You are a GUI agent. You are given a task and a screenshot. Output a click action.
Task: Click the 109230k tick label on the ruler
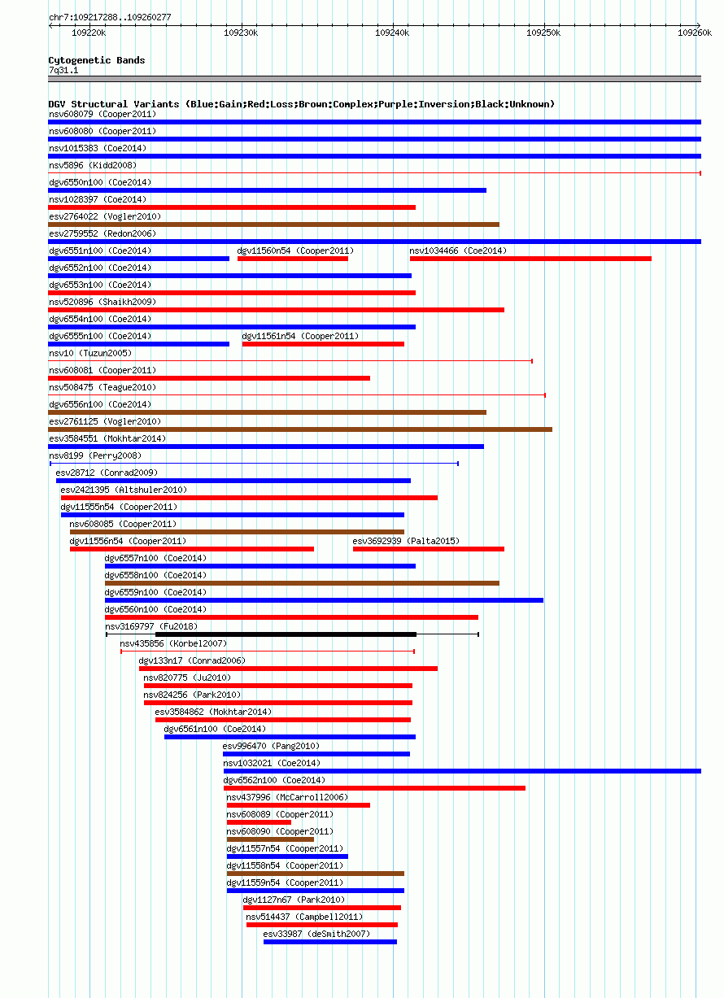pos(241,33)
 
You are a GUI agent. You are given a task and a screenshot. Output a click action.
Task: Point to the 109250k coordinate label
pos(543,33)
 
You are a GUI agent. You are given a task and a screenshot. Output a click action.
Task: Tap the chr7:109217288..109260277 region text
pos(110,17)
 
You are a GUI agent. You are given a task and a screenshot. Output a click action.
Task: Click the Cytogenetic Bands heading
pos(97,60)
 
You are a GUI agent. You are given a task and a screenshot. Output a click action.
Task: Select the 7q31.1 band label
pos(63,71)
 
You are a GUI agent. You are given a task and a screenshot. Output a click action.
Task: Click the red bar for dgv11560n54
pos(293,259)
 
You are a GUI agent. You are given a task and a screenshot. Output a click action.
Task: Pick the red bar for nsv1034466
pos(530,259)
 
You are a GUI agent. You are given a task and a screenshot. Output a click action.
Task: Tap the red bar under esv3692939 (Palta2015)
pos(429,549)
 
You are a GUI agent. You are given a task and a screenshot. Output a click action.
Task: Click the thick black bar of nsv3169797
pos(286,634)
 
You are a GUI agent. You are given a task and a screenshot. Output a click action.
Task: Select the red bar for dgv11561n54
pos(323,344)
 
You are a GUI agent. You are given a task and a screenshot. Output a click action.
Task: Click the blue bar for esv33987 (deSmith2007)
pos(330,942)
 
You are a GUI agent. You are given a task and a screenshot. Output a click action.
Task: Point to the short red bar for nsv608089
pos(259,822)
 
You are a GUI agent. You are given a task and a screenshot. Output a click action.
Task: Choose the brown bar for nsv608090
pos(270,839)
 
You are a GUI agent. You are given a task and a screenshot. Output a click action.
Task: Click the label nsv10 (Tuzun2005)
pos(90,353)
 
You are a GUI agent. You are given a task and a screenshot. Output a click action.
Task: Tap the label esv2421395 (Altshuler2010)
pos(124,490)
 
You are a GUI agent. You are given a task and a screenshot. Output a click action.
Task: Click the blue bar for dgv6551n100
pos(138,259)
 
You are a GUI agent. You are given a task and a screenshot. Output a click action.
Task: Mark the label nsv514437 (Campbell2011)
pos(304,917)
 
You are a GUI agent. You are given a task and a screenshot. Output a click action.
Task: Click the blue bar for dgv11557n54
pos(287,856)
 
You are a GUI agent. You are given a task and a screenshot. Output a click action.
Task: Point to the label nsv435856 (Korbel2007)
pos(173,644)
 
